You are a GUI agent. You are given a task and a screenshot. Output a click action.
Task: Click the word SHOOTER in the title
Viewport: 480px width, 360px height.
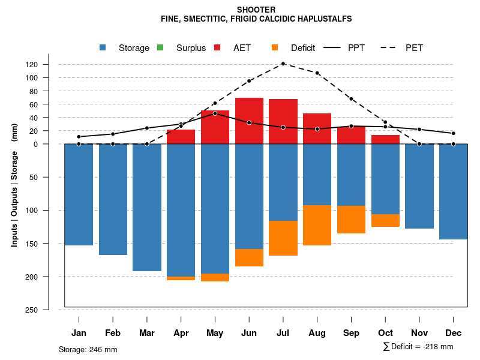coord(256,10)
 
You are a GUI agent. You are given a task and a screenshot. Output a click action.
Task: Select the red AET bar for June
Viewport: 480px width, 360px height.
coord(249,121)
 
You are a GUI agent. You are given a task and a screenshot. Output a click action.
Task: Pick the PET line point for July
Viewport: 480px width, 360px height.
coord(283,64)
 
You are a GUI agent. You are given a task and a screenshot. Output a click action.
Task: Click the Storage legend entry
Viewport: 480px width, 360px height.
coord(133,48)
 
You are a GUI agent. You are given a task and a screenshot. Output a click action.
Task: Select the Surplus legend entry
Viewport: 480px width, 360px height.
coord(190,48)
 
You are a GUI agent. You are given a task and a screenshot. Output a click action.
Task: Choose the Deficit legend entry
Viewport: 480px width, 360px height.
coord(302,48)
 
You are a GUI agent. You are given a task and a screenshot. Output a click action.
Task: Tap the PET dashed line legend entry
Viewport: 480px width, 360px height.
coord(414,48)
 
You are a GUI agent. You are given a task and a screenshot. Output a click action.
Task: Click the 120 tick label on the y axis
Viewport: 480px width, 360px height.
coord(49,64)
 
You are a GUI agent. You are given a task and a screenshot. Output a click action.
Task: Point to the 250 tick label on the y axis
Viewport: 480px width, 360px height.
coord(49,310)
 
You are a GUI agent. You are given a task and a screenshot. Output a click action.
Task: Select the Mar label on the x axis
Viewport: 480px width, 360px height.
coord(147,333)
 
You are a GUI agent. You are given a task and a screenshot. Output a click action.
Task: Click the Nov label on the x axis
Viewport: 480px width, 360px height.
coord(419,333)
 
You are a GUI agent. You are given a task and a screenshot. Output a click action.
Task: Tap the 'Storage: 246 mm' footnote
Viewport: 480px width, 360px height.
coord(88,349)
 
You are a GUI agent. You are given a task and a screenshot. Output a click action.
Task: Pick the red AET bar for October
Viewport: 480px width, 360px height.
coord(385,139)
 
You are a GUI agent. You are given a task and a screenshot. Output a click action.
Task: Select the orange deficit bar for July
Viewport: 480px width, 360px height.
coord(283,238)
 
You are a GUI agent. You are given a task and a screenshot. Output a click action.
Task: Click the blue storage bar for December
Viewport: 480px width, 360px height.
coord(453,191)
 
